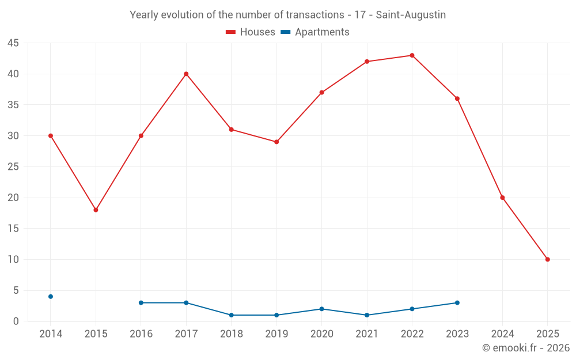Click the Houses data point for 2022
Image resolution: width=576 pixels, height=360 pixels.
click(x=412, y=55)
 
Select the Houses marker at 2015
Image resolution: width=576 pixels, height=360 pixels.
click(x=96, y=210)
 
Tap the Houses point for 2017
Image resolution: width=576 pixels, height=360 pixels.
click(x=186, y=74)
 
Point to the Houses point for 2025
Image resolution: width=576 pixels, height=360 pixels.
click(x=547, y=259)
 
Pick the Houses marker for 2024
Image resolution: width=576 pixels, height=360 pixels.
click(x=502, y=198)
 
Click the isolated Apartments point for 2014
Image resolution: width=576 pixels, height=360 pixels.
click(x=51, y=297)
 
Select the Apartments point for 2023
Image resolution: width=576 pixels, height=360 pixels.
click(x=457, y=302)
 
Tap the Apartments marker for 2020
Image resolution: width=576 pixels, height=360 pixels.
click(x=321, y=309)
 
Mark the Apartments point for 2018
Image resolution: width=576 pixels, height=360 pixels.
click(x=231, y=315)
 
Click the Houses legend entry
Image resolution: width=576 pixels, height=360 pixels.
click(x=251, y=32)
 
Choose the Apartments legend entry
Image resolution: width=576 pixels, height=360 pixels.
click(x=315, y=32)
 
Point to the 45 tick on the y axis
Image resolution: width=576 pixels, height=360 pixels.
click(x=13, y=43)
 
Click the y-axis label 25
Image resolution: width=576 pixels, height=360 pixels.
click(x=13, y=167)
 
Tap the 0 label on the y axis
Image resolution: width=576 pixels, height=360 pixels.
click(x=16, y=321)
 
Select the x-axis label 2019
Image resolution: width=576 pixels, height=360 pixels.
click(x=276, y=334)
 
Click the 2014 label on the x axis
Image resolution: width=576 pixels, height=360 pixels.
click(x=51, y=334)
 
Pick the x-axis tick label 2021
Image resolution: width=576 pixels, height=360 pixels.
click(x=367, y=334)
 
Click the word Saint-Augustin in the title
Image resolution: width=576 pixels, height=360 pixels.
click(x=411, y=15)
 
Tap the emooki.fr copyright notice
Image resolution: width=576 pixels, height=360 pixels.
click(x=525, y=348)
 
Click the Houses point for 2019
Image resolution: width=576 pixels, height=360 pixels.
click(x=276, y=142)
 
